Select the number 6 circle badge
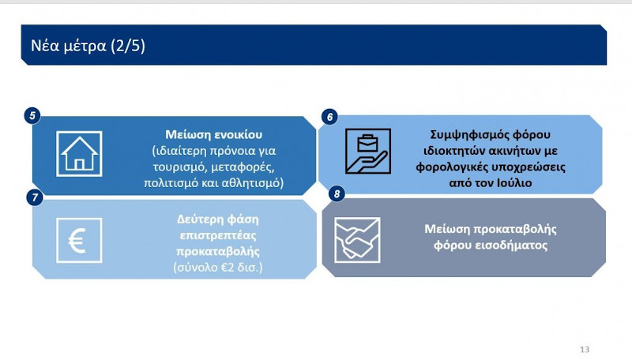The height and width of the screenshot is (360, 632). tap(329, 116)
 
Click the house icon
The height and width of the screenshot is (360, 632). tap(79, 153)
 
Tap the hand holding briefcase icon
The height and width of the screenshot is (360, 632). tap(367, 151)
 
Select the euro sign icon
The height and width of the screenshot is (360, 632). tap(79, 240)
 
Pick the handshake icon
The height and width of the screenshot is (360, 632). tap(357, 240)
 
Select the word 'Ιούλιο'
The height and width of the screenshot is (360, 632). tap(517, 183)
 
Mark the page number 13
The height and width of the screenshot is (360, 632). tap(585, 349)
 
